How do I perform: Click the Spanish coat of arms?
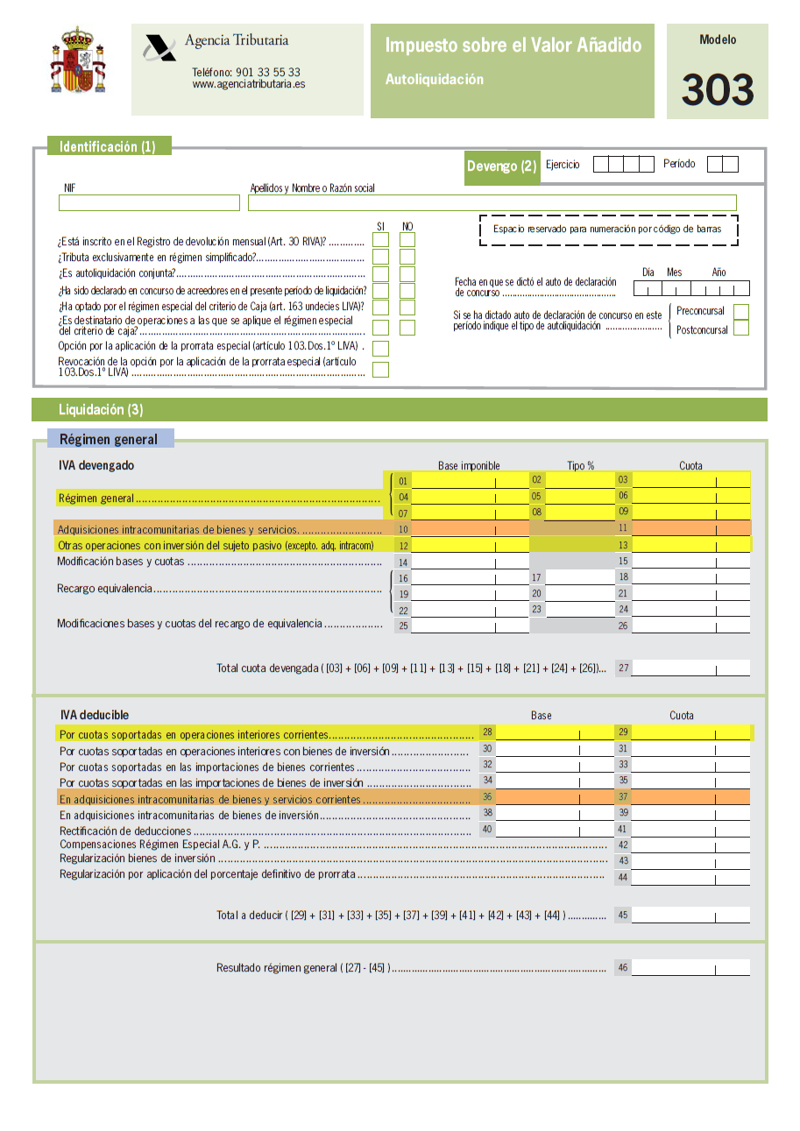(x=78, y=60)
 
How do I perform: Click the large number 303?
(x=717, y=89)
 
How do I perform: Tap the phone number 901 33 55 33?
(x=245, y=73)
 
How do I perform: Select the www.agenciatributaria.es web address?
(x=249, y=84)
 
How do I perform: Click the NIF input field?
(x=149, y=203)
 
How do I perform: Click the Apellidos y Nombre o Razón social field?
(x=492, y=203)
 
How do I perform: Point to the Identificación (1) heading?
(x=108, y=146)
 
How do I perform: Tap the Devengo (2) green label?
(x=501, y=166)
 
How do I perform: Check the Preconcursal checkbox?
(x=741, y=312)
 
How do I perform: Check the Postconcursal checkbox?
(x=741, y=329)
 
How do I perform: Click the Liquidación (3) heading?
(x=101, y=409)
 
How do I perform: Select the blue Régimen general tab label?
(x=109, y=439)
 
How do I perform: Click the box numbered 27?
(x=690, y=668)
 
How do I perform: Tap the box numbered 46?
(x=690, y=968)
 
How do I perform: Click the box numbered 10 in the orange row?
(x=469, y=528)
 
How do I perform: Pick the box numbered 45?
(x=690, y=915)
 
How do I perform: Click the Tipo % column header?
(x=580, y=465)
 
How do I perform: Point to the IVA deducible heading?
(x=95, y=715)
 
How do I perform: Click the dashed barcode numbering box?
(x=608, y=230)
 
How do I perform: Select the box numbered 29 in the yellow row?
(x=690, y=732)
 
